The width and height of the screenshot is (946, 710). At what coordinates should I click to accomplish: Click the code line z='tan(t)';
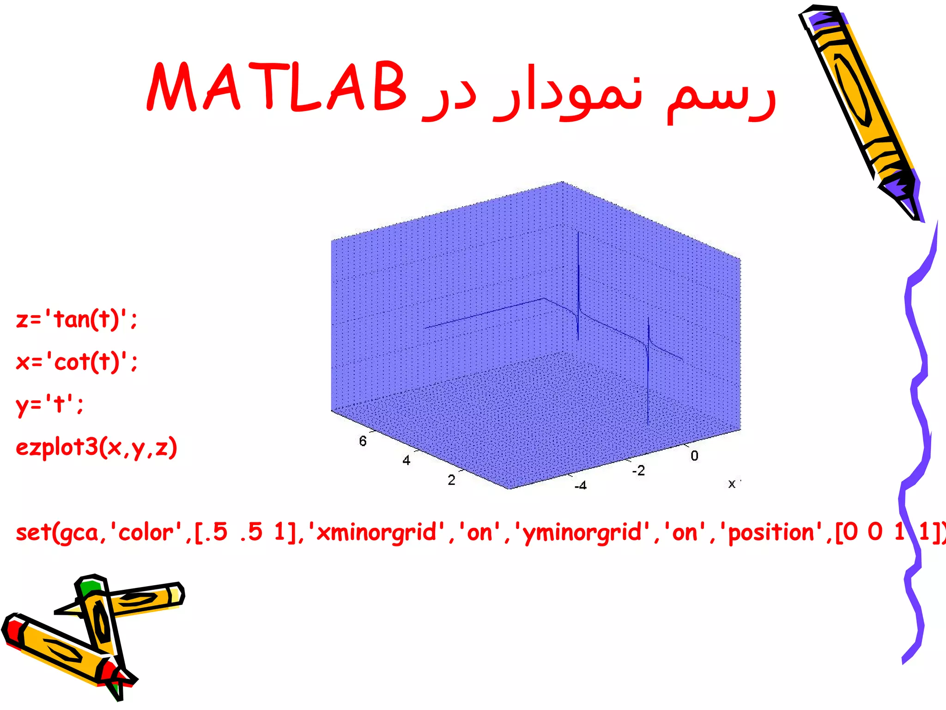point(77,319)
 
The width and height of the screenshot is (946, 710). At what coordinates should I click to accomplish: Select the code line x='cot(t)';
point(77,361)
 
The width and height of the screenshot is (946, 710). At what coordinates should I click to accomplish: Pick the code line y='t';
point(50,404)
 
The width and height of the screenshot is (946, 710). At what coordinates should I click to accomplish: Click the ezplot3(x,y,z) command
point(97,447)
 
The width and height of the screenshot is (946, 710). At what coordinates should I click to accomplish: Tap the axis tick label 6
point(363,441)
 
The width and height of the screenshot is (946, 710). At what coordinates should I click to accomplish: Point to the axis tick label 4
point(406,460)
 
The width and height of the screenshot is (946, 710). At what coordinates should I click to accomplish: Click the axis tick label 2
point(451,480)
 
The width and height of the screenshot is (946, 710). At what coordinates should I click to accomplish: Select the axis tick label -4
point(581,485)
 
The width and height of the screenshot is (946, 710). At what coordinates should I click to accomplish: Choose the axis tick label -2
point(638,471)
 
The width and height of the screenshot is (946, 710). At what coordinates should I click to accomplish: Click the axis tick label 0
point(694,456)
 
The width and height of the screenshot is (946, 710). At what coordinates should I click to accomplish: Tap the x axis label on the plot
point(732,484)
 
